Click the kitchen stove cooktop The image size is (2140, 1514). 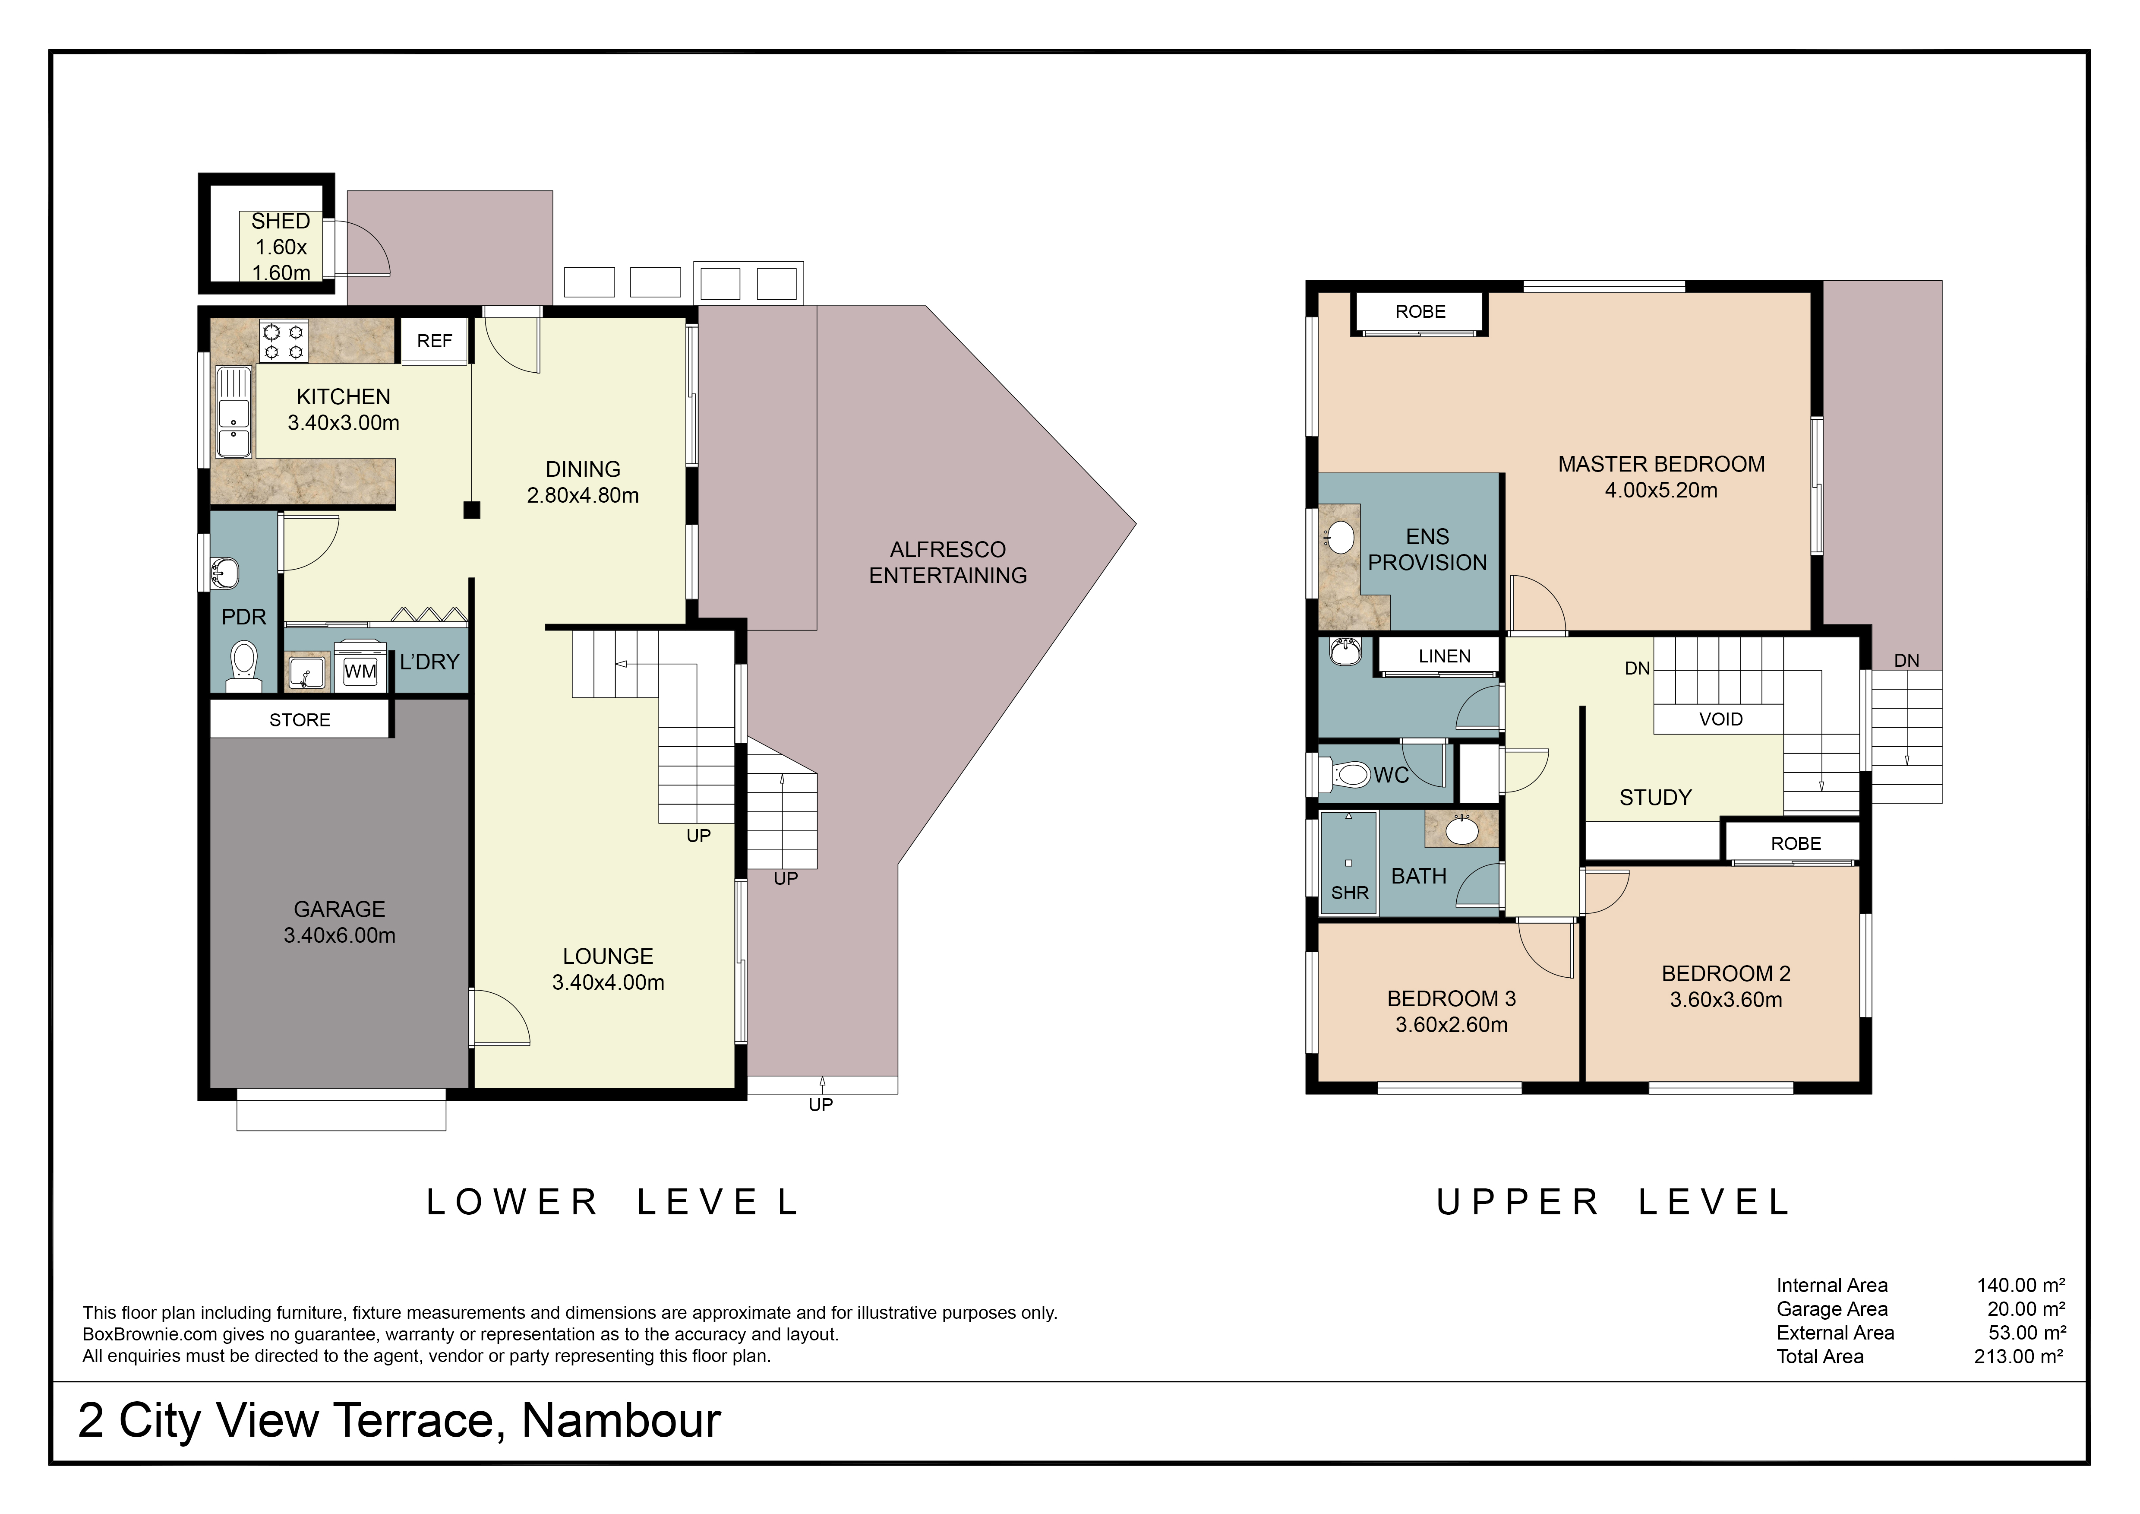point(283,341)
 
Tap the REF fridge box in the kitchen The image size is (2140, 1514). point(434,341)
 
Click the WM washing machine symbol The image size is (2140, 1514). point(360,671)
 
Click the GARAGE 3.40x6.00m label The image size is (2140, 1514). point(339,922)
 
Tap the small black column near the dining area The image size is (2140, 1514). point(472,510)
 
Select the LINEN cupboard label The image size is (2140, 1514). point(1444,656)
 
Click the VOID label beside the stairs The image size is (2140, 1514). point(1720,719)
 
